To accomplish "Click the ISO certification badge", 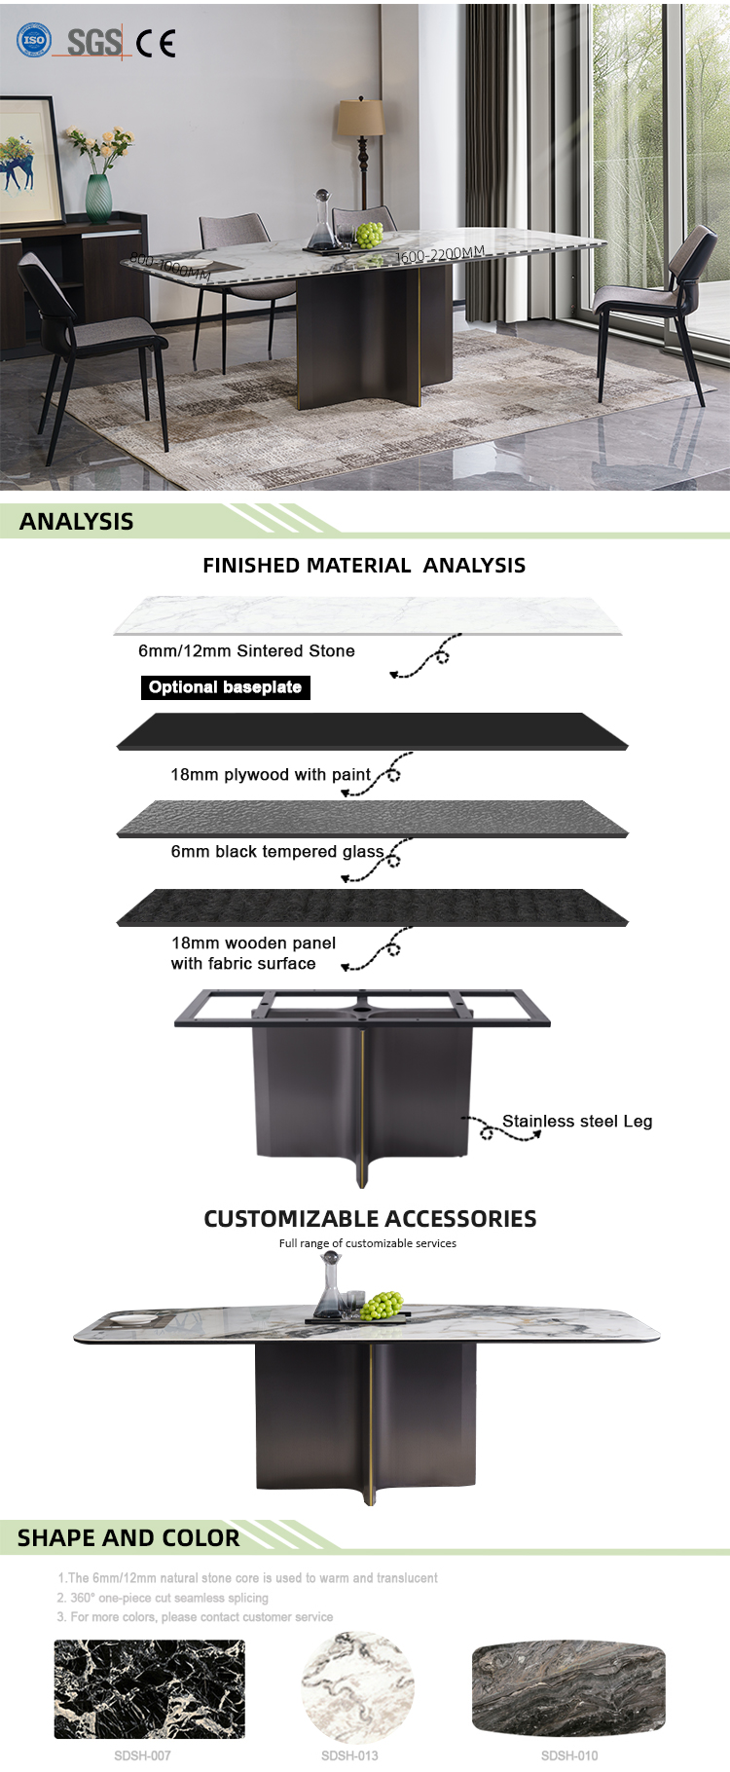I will tap(34, 41).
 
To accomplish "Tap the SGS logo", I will tap(93, 42).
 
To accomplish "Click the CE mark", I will tap(156, 44).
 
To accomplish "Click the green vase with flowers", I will tap(99, 198).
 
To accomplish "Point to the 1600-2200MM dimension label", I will tap(439, 255).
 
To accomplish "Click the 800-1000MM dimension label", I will tap(169, 266).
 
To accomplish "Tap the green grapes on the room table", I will tap(369, 235).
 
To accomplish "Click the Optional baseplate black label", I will tap(225, 687).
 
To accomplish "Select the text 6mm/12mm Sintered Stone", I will tap(246, 650).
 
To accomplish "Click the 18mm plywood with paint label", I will tap(271, 775).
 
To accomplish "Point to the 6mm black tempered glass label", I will tap(277, 852).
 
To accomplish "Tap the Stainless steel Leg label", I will tap(577, 1122).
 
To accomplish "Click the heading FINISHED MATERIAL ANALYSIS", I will tap(364, 566).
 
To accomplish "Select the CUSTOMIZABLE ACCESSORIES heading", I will tap(370, 1219).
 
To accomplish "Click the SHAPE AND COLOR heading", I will tap(128, 1538).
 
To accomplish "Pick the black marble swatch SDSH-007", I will tap(149, 1688).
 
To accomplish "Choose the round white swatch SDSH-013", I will tap(358, 1688).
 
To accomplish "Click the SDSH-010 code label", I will tap(569, 1755).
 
